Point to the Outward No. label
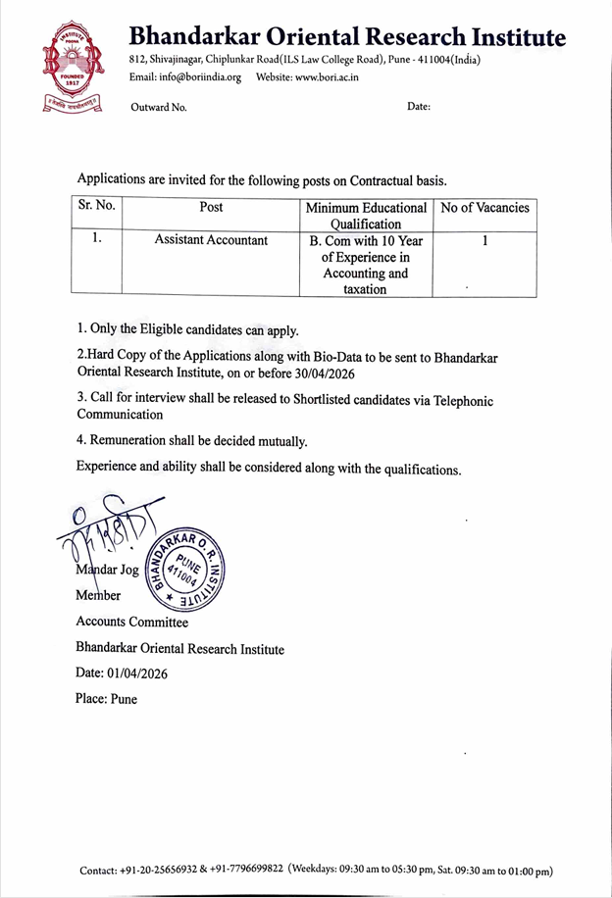[159, 107]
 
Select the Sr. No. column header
[96, 207]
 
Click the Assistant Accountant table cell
[211, 240]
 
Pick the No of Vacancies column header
[484, 208]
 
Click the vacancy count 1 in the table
[484, 240]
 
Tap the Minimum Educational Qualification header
[366, 216]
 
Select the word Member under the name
[98, 595]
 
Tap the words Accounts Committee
[131, 622]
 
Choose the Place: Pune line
[106, 699]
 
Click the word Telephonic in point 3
[456, 400]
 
